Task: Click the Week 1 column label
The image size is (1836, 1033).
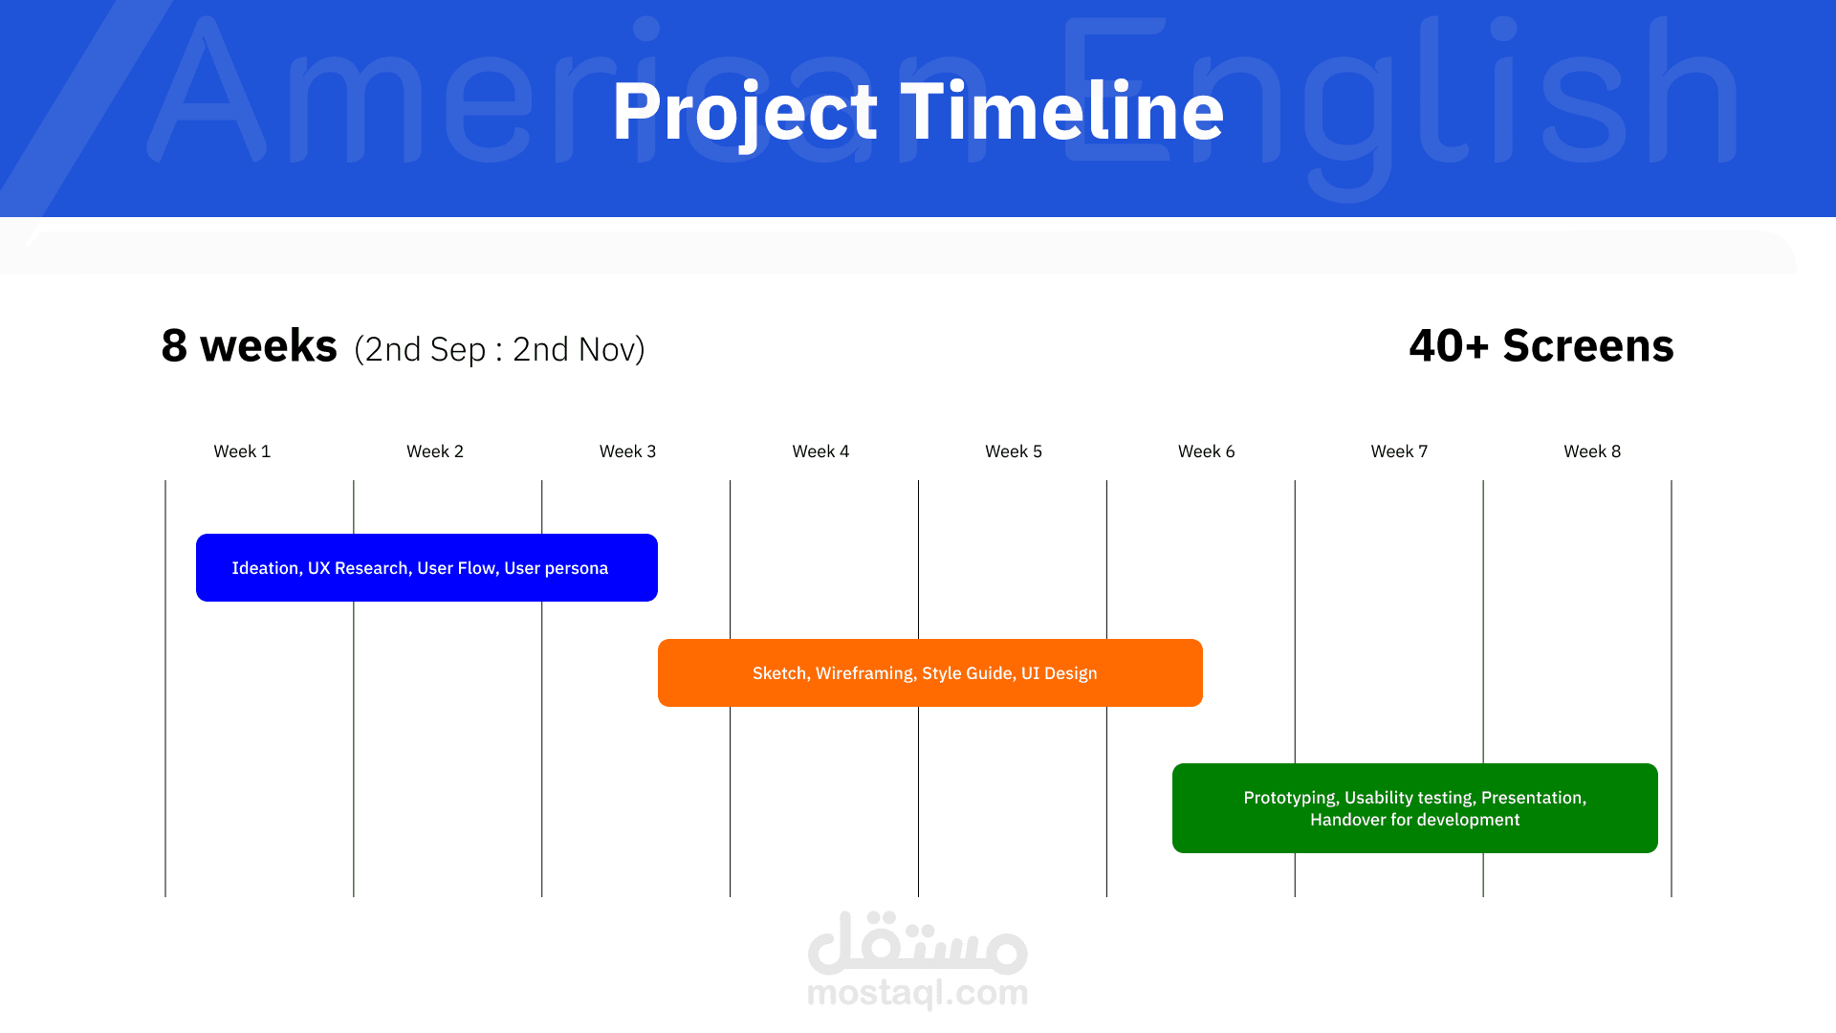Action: coord(242,451)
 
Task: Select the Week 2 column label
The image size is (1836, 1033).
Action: coord(435,451)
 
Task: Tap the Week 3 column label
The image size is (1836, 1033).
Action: coord(628,451)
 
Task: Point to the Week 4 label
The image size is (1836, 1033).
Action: coord(820,451)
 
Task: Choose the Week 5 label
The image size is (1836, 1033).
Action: coord(1014,451)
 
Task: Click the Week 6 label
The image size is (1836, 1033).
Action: coord(1207,451)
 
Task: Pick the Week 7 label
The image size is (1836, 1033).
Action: coord(1399,451)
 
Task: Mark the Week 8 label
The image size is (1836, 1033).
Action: coord(1592,451)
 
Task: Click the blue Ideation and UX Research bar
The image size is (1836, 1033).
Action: coord(426,567)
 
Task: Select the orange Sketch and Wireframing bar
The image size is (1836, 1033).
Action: coord(930,672)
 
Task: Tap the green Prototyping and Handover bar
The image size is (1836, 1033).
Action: coord(1415,808)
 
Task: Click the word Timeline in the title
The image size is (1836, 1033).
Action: coord(1061,111)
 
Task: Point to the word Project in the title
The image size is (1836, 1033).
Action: coord(745,113)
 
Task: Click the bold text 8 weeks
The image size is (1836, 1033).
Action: coord(249,345)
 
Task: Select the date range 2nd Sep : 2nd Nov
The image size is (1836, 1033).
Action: coord(499,349)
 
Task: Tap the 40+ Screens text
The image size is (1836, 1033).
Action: coord(1541,345)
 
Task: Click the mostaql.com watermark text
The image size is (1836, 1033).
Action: coord(918,993)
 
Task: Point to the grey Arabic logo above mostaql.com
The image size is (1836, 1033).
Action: coord(918,942)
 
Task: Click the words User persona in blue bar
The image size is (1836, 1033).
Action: coord(556,568)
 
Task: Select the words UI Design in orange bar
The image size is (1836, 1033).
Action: coord(1060,673)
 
